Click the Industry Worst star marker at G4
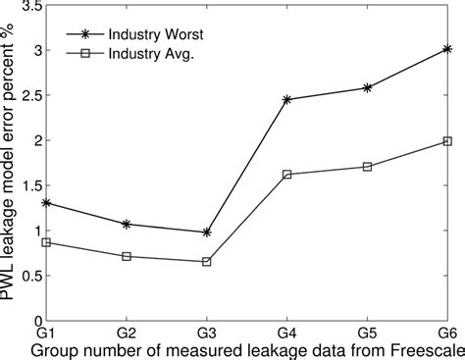pyautogui.click(x=287, y=99)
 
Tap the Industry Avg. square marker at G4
pyautogui.click(x=287, y=174)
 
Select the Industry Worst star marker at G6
pyautogui.click(x=447, y=48)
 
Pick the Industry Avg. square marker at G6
pyautogui.click(x=447, y=141)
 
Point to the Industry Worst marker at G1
pyautogui.click(x=47, y=203)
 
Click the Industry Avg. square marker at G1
pyautogui.click(x=47, y=241)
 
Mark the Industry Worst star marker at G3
pyautogui.click(x=207, y=231)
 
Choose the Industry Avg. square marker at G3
pyautogui.click(x=207, y=262)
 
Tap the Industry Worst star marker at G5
pyautogui.click(x=367, y=87)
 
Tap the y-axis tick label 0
pyautogui.click(x=36, y=320)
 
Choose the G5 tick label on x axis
pyautogui.click(x=367, y=334)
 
